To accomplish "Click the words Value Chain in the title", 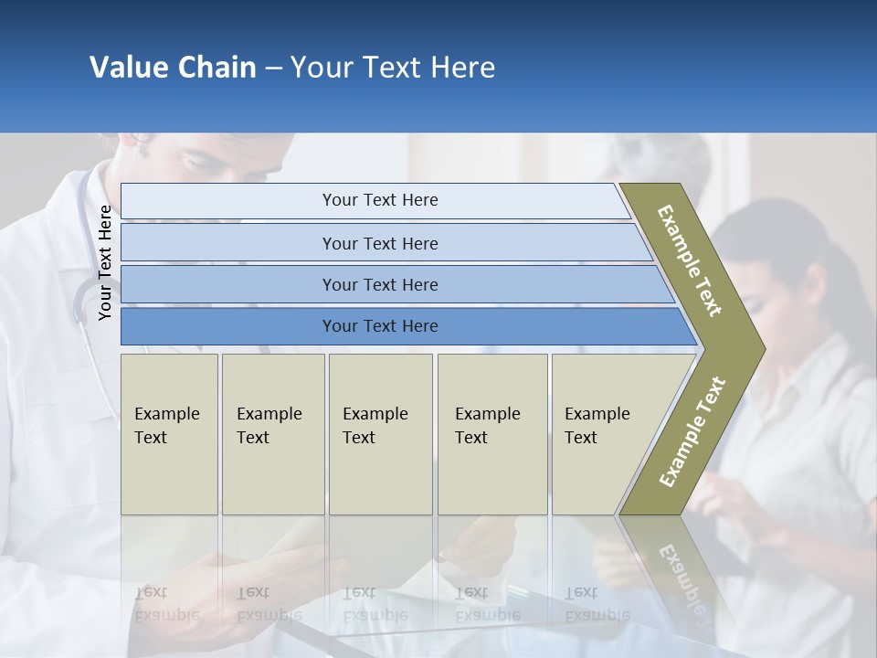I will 173,68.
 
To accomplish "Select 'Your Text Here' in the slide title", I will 393,68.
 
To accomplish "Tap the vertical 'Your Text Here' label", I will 105,262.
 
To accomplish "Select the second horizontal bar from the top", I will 379,243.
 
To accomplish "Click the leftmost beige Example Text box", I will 169,433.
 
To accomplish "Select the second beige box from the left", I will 272,433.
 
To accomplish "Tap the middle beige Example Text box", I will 380,433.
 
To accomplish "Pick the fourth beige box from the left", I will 491,433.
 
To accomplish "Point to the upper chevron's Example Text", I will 690,260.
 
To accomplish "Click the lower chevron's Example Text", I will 692,431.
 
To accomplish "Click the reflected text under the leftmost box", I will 167,603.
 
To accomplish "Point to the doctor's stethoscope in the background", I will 87,292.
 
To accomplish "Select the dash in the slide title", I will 273,69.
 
